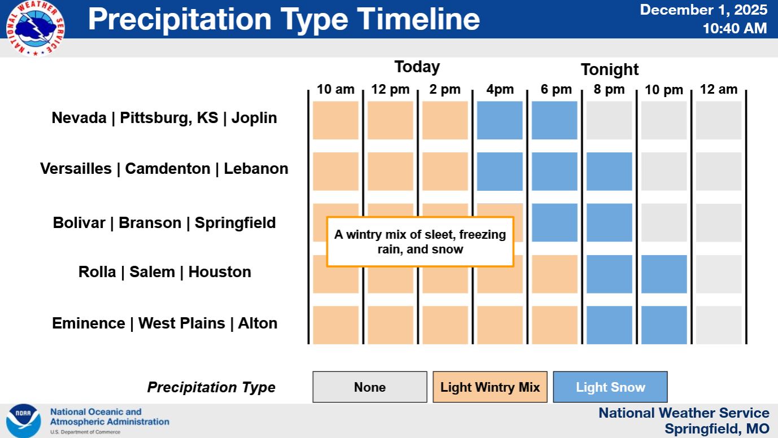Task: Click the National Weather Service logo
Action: [x=35, y=28]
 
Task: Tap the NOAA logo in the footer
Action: [x=23, y=421]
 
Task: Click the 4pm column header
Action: [x=500, y=90]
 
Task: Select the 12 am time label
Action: [x=718, y=89]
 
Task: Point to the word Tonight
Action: [x=609, y=70]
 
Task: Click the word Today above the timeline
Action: [x=417, y=67]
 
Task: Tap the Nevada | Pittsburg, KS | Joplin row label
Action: [x=164, y=118]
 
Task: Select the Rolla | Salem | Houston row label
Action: [x=164, y=272]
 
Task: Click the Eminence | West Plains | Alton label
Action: [x=164, y=323]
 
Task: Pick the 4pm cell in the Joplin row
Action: [x=500, y=120]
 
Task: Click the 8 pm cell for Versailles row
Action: [x=609, y=172]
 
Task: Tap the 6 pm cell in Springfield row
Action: [x=554, y=222]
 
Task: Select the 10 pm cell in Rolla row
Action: [x=664, y=274]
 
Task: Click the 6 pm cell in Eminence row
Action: [x=554, y=325]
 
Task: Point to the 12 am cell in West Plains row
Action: [x=718, y=325]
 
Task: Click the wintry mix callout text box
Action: [x=420, y=242]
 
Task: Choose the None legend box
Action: [x=370, y=387]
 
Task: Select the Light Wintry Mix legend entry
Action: [x=490, y=387]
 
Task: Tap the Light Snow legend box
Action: [x=610, y=387]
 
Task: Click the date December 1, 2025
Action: [x=703, y=10]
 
